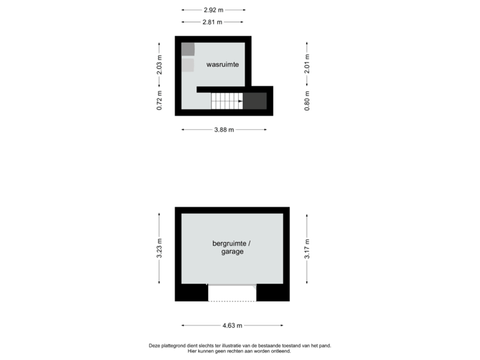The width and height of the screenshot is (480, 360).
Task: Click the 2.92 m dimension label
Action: click(213, 11)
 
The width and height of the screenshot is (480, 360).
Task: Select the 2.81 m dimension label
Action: click(213, 22)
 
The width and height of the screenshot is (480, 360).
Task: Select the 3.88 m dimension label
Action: click(224, 129)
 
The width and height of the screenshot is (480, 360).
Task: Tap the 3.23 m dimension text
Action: click(159, 248)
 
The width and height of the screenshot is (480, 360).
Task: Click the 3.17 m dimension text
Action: click(307, 248)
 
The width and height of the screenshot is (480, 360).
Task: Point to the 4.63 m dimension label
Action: click(232, 325)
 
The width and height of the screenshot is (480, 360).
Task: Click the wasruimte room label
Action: click(223, 64)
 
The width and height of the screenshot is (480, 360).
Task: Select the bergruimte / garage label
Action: click(232, 248)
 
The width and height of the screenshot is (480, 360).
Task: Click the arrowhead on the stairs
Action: click(239, 101)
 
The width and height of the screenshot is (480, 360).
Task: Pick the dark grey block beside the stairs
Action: click(255, 101)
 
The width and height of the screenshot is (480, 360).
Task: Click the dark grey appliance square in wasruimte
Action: click(188, 49)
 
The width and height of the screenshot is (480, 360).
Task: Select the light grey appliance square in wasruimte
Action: click(188, 65)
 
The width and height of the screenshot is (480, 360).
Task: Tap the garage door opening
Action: click(232, 293)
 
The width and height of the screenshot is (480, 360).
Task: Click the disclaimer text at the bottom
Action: click(240, 348)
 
